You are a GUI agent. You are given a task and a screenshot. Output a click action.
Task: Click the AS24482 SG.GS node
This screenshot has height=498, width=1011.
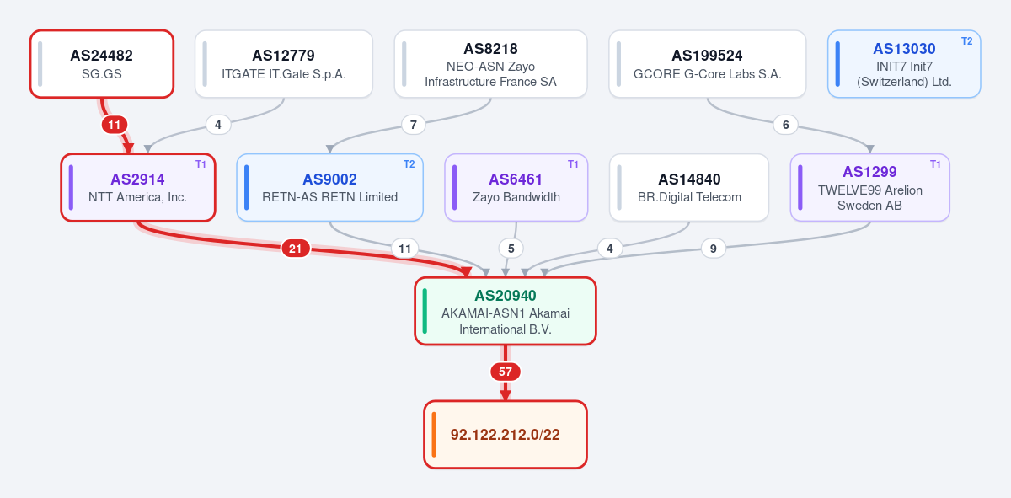click(x=102, y=64)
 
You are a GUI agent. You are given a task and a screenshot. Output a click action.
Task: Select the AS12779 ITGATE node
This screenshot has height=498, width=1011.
click(x=284, y=64)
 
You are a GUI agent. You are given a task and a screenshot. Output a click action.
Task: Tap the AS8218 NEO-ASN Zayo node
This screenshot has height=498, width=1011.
click(x=490, y=64)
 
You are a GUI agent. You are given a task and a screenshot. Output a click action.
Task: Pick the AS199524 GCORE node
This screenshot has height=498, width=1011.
click(x=707, y=64)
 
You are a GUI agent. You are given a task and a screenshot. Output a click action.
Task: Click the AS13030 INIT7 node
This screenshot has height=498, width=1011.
click(x=904, y=64)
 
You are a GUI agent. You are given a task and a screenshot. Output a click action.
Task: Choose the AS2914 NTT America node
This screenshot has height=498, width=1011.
click(x=138, y=187)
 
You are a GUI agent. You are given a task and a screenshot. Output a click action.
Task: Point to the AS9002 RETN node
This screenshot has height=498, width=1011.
click(x=330, y=187)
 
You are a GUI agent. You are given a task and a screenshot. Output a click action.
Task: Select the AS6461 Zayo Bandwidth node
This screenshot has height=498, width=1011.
click(x=516, y=187)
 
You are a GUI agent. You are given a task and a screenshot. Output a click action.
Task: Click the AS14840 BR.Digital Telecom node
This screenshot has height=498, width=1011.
click(x=689, y=187)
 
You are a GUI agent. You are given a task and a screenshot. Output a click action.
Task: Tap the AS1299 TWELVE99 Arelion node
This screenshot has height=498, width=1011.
click(x=870, y=187)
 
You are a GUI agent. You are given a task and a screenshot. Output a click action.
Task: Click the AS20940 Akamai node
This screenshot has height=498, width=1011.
click(x=505, y=311)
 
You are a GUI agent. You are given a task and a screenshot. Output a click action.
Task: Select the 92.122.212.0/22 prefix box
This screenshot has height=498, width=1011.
click(x=505, y=434)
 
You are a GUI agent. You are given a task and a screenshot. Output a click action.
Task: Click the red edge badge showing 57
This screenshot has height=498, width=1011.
click(x=505, y=372)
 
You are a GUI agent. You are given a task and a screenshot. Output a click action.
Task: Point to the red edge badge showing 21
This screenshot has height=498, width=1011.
click(x=295, y=249)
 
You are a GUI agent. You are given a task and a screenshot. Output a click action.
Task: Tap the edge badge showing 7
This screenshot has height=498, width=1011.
click(x=413, y=125)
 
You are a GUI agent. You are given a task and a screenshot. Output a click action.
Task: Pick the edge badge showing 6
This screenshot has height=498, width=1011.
click(x=786, y=125)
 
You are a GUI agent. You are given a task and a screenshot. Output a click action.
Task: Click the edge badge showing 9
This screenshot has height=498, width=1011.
click(x=713, y=249)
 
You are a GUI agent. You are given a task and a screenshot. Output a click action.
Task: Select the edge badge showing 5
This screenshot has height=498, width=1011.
click(x=511, y=249)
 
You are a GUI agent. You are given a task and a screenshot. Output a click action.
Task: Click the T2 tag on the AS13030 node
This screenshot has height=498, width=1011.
click(x=967, y=41)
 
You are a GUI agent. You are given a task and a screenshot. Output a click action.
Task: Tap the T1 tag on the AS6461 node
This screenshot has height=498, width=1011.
click(x=573, y=164)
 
